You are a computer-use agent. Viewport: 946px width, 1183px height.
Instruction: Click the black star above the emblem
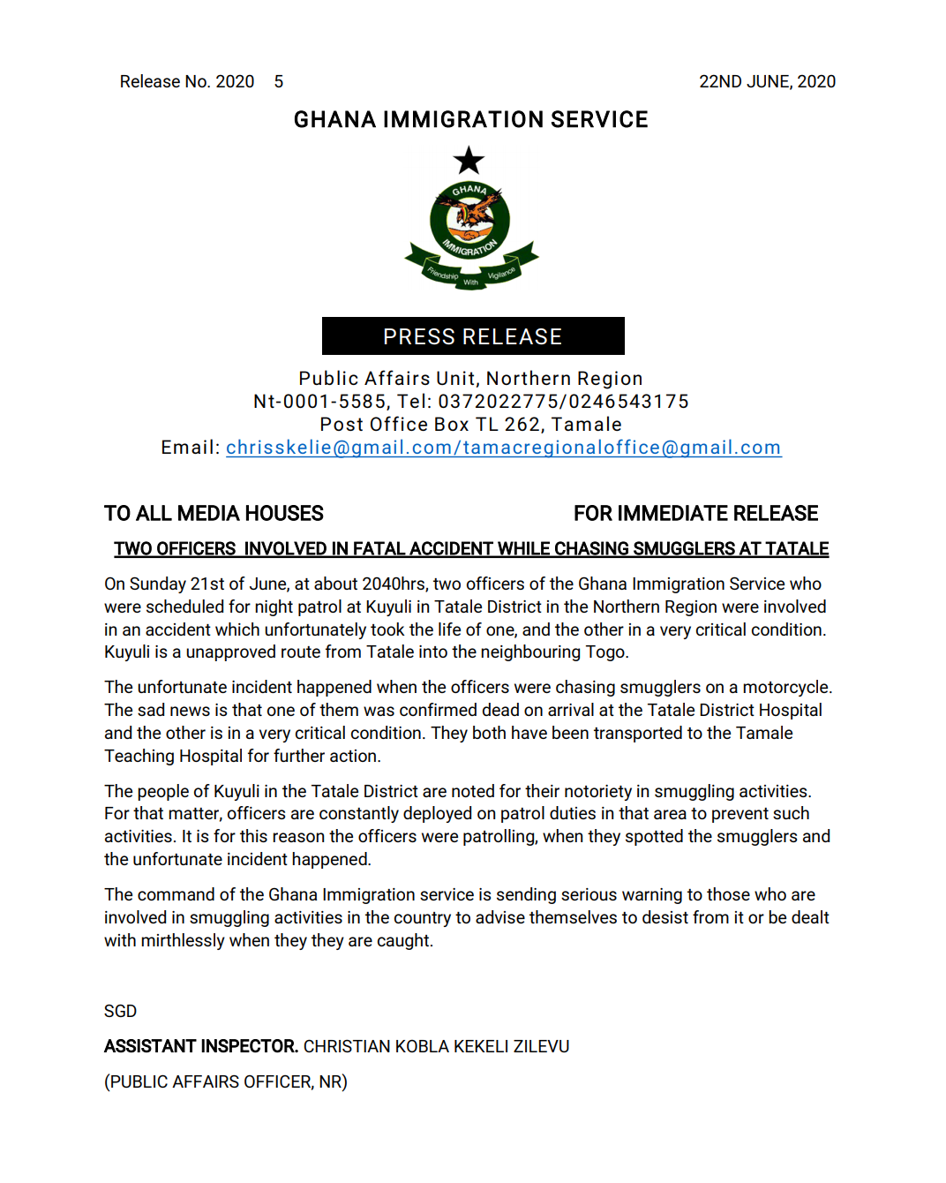(469, 161)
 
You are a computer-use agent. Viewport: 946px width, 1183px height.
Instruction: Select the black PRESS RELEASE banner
(473, 336)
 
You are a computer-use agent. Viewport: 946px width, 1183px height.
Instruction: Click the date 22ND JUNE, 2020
(767, 81)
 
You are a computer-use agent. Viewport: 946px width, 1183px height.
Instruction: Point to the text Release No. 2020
(187, 81)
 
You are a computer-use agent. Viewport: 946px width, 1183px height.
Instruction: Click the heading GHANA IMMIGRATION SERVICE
(470, 119)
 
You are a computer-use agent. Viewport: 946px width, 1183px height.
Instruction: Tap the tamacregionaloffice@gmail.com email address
(622, 448)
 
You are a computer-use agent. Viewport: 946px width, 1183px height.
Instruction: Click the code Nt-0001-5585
(319, 402)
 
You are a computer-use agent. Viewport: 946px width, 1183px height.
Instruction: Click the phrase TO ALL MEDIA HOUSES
(214, 513)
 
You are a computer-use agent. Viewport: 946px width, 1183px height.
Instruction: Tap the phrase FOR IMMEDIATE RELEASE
(695, 513)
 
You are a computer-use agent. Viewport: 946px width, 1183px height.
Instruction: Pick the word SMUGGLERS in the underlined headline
(683, 549)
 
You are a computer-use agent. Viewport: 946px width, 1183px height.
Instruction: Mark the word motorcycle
(785, 687)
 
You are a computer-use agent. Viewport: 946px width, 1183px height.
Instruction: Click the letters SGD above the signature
(120, 1011)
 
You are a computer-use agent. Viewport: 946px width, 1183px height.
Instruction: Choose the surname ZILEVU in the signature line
(541, 1046)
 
